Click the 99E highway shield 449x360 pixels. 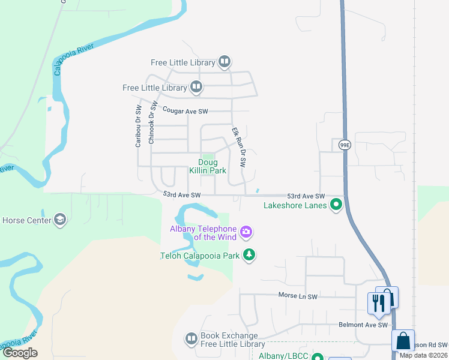coord(344,145)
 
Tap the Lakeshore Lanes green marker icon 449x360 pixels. coord(336,205)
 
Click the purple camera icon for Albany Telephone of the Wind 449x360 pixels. coord(246,232)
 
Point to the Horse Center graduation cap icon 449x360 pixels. coord(59,220)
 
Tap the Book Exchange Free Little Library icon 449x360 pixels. coord(191,340)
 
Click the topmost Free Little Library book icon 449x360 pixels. coord(224,62)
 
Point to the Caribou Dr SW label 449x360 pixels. coord(138,127)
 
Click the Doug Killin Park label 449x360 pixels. coord(208,166)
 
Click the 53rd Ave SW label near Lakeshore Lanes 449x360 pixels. coord(306,196)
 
